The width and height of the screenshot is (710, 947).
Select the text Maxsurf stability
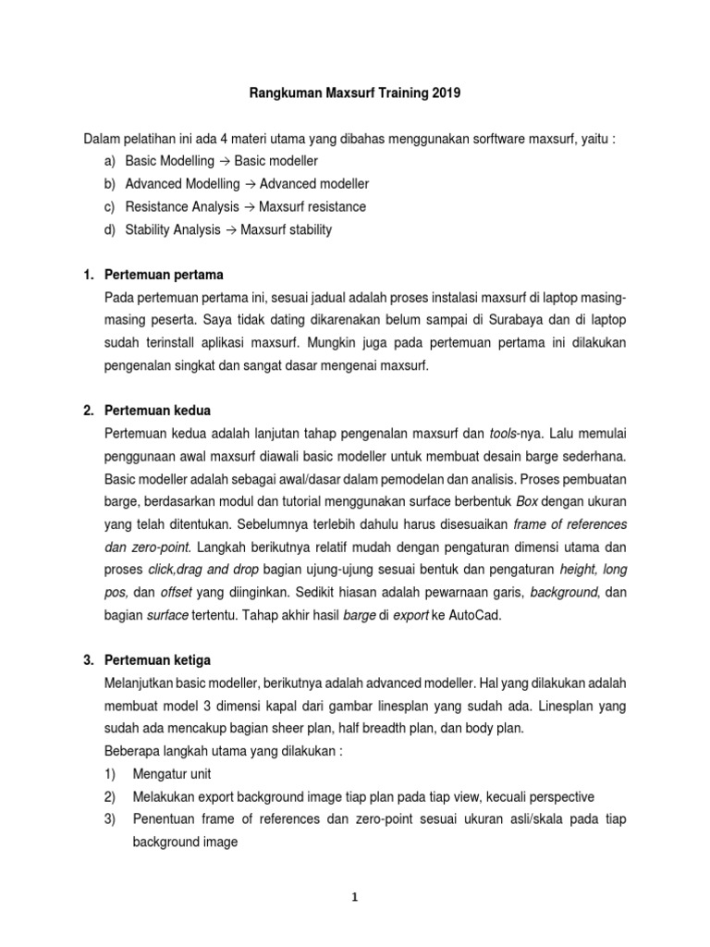point(286,229)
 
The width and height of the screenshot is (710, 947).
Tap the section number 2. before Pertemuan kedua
point(90,411)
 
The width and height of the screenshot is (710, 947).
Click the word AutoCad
point(473,614)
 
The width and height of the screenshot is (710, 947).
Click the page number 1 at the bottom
point(355,905)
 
